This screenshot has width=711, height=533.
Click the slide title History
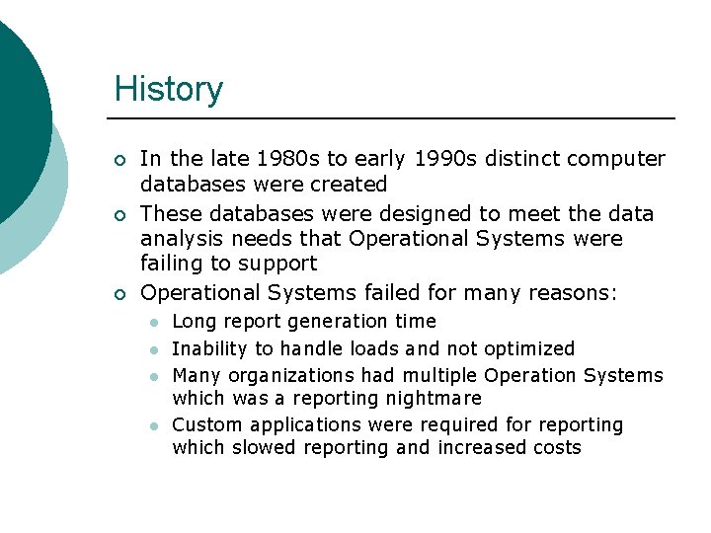tap(169, 89)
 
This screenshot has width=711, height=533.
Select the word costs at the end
tap(557, 447)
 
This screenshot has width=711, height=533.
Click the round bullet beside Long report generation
tap(153, 323)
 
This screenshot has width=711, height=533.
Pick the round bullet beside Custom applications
tap(153, 426)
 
